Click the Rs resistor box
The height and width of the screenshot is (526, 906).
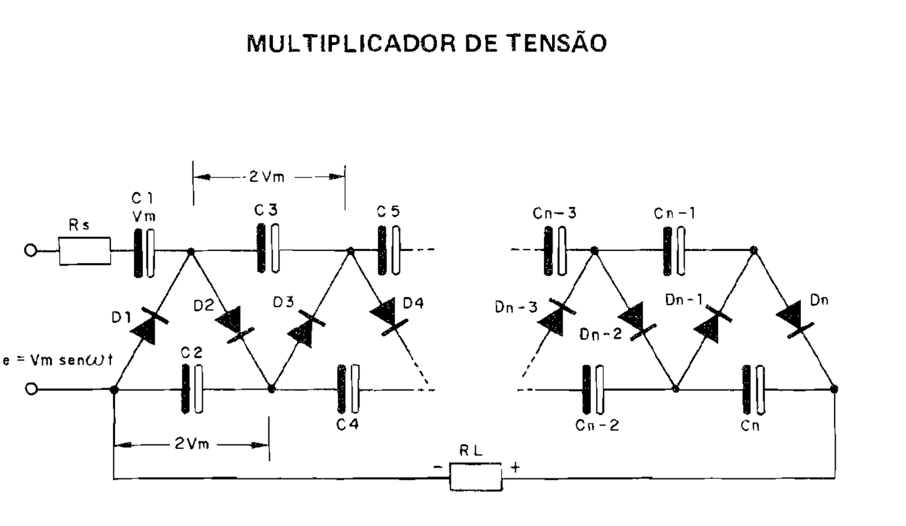tap(85, 251)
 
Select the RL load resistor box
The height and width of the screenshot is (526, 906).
tap(476, 476)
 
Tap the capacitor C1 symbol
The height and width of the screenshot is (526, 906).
tap(144, 253)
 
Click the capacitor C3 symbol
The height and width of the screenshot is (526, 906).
tap(267, 248)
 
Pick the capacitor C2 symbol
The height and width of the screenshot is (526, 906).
tap(192, 389)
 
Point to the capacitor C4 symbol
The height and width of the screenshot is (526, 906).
tap(348, 389)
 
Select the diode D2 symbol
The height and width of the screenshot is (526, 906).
tap(233, 324)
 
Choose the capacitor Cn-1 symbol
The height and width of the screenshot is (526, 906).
tap(674, 251)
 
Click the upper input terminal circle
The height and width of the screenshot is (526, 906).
tap(31, 250)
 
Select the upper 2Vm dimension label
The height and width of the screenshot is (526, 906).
tap(267, 177)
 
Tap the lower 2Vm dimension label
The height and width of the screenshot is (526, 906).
tap(191, 444)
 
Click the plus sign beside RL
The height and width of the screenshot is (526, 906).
tap(515, 468)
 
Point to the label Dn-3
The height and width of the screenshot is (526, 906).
tap(515, 307)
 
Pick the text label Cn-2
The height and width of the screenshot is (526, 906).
tap(597, 425)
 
